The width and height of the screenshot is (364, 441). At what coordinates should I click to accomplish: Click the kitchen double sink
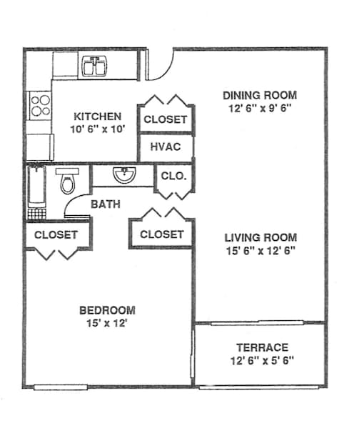[94, 66]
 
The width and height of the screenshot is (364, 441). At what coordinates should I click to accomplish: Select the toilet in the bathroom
[67, 181]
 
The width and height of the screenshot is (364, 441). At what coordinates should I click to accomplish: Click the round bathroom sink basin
[124, 175]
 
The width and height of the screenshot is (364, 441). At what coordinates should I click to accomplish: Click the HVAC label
[166, 147]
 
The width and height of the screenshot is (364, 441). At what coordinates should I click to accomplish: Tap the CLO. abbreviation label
[174, 176]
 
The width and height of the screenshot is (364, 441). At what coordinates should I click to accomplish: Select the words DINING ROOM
[260, 95]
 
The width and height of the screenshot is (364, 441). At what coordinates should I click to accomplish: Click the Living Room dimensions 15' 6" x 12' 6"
[261, 251]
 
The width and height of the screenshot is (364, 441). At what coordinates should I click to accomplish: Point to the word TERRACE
[263, 347]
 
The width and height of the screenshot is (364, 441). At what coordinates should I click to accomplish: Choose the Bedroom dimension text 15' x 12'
[107, 323]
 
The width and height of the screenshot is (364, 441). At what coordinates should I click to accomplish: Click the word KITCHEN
[98, 117]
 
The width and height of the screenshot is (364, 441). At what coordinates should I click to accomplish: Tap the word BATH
[106, 204]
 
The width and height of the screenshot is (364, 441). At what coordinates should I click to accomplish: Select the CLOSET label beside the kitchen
[166, 119]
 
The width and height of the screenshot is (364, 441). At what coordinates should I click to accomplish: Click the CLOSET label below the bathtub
[56, 235]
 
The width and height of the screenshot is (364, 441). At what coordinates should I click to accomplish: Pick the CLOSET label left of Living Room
[162, 234]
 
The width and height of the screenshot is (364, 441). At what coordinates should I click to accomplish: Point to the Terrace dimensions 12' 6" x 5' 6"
[263, 360]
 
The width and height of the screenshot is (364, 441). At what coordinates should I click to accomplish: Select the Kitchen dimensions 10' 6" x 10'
[98, 129]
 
